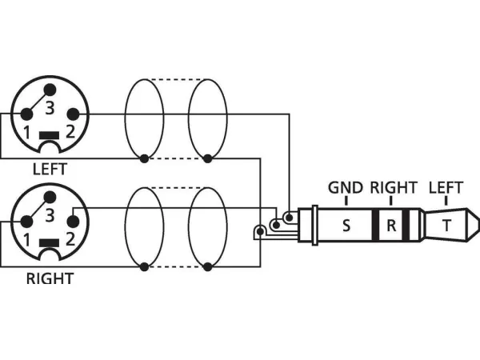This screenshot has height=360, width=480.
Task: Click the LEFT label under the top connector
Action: [x=50, y=170]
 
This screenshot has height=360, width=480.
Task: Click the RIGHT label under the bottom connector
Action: [x=50, y=279]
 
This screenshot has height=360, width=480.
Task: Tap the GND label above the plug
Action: [x=346, y=188]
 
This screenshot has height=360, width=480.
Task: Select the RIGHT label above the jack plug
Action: [x=393, y=188]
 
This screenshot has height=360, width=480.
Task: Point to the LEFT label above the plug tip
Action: [x=446, y=188]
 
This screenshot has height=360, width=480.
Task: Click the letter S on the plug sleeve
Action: [x=346, y=226]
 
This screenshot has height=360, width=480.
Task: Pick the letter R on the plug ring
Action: [x=391, y=226]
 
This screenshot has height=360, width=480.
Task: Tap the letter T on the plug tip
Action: [x=446, y=226]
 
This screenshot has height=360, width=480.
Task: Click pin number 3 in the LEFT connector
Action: [x=49, y=106]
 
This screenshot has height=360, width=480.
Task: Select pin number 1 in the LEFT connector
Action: [x=26, y=131]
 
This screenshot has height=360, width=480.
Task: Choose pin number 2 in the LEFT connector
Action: [x=72, y=131]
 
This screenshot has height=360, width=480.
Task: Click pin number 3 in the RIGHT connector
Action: [x=49, y=214]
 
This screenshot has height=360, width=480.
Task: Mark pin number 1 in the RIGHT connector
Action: [x=26, y=240]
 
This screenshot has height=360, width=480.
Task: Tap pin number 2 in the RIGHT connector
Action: [x=71, y=239]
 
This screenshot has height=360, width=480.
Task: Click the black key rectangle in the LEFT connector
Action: [x=49, y=134]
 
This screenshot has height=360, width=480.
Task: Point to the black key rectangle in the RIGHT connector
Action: [x=49, y=243]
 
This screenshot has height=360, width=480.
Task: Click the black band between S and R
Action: [x=374, y=226]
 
